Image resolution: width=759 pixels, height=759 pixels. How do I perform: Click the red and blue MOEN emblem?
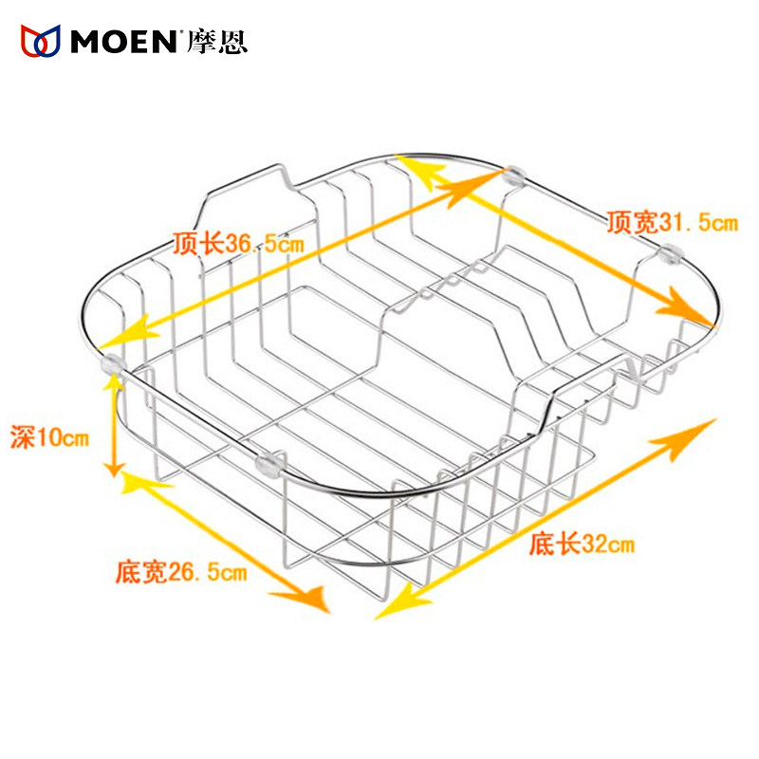coord(41,40)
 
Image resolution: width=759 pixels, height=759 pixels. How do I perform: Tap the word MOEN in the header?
coord(123,41)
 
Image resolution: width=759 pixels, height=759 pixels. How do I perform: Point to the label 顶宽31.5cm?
coord(672,224)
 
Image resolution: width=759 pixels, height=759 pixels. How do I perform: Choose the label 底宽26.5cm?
coord(181,572)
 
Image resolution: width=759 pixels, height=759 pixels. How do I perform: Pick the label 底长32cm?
coord(582,545)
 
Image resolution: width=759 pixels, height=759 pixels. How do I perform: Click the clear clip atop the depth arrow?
coord(111,361)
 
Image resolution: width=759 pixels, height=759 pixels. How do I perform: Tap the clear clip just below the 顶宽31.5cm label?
coord(671,252)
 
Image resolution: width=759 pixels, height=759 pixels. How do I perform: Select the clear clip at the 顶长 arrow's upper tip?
coord(515,174)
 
